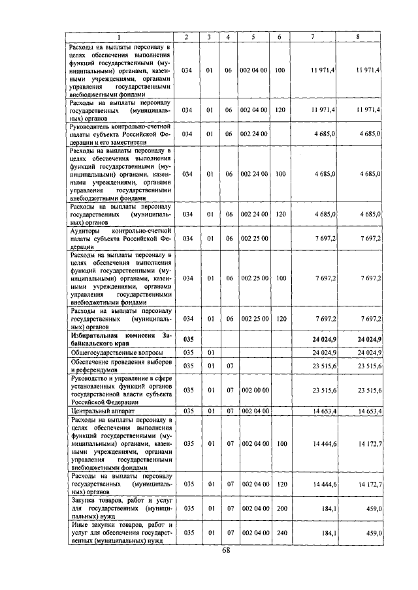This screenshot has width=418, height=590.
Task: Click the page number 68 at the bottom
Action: [x=225, y=551]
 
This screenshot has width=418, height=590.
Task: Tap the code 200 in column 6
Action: [x=279, y=507]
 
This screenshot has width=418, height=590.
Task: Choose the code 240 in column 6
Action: [x=279, y=533]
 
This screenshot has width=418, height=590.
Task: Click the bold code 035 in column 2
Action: [x=187, y=339]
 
